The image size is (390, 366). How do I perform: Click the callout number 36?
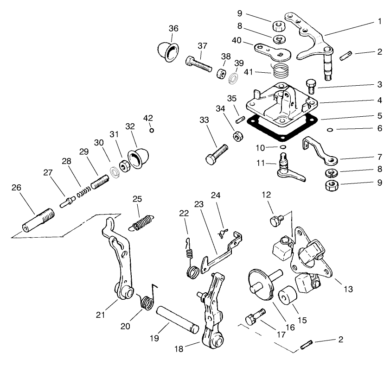click(173, 29)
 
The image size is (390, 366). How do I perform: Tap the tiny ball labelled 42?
click(152, 130)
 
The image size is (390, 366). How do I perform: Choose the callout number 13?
click(348, 290)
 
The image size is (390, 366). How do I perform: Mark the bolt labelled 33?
click(216, 154)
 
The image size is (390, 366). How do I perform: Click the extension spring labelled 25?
click(141, 222)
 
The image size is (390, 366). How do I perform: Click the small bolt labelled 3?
click(312, 86)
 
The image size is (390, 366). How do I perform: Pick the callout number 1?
click(379, 21)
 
